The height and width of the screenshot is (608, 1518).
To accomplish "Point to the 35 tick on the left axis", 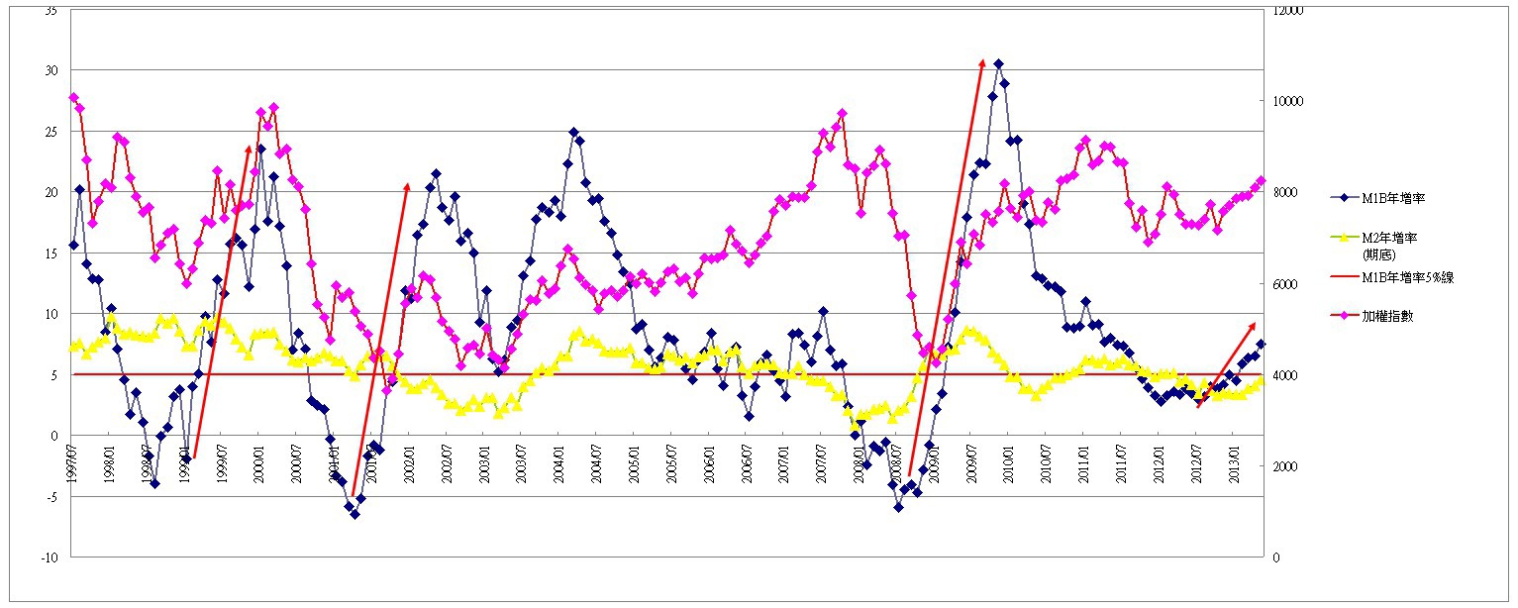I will (51, 10).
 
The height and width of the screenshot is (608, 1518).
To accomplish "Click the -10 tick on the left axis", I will (50, 557).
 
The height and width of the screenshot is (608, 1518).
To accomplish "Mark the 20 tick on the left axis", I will (51, 192).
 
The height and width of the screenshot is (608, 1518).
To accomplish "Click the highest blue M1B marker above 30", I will (998, 64).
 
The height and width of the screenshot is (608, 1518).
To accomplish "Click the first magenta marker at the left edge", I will (73, 97).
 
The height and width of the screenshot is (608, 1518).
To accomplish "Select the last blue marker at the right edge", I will (1261, 344).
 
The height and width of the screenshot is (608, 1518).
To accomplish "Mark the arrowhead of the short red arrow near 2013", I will (1253, 325).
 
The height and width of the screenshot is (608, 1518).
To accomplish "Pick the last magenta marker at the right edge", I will (1261, 180).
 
